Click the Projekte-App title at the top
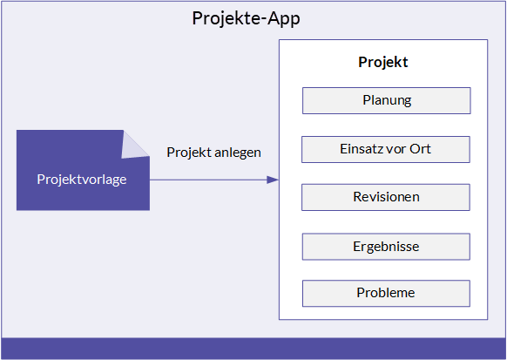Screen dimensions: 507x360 (x=246, y=18)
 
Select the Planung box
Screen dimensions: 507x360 (x=387, y=100)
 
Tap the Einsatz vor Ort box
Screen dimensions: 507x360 (x=386, y=149)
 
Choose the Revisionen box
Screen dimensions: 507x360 (x=386, y=197)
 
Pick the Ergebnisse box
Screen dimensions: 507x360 (x=386, y=247)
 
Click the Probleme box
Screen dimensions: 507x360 (x=386, y=294)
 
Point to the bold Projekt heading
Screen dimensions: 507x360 (x=383, y=62)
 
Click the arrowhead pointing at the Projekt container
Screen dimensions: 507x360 (x=273, y=180)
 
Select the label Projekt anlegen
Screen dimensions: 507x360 (x=213, y=153)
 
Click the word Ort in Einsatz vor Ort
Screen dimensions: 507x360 (x=420, y=149)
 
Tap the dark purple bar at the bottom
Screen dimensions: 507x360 (x=253, y=349)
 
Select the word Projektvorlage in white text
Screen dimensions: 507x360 (x=82, y=180)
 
